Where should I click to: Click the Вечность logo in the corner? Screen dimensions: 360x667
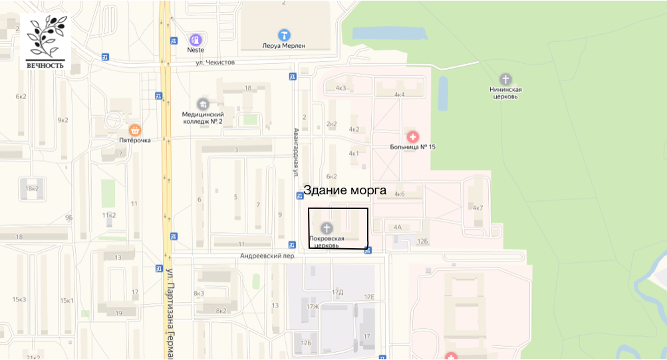pyautogui.click(x=45, y=42)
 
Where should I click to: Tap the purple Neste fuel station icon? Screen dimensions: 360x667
pyautogui.click(x=196, y=39)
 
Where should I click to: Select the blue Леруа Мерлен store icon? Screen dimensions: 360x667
pyautogui.click(x=284, y=35)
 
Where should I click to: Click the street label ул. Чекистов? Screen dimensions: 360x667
pyautogui.click(x=215, y=62)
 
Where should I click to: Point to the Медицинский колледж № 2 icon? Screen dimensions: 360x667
pyautogui.click(x=203, y=104)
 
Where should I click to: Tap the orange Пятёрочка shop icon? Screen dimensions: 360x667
pyautogui.click(x=135, y=130)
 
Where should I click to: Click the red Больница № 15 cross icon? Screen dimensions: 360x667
pyautogui.click(x=413, y=136)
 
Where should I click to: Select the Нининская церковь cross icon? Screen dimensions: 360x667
pyautogui.click(x=505, y=79)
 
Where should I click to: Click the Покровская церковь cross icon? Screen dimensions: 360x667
pyautogui.click(x=327, y=228)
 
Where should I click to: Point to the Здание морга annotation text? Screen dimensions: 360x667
pyautogui.click(x=344, y=190)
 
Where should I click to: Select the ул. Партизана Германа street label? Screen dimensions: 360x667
pyautogui.click(x=170, y=313)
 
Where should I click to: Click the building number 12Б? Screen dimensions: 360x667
pyautogui.click(x=423, y=241)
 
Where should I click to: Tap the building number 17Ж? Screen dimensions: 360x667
pyautogui.click(x=313, y=307)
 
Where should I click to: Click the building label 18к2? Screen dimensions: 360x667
pyautogui.click(x=31, y=189)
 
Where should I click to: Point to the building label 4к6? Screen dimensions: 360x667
pyautogui.click(x=399, y=194)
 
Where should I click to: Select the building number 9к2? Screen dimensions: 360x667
pyautogui.click(x=63, y=120)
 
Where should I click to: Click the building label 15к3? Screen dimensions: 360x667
pyautogui.click(x=19, y=299)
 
